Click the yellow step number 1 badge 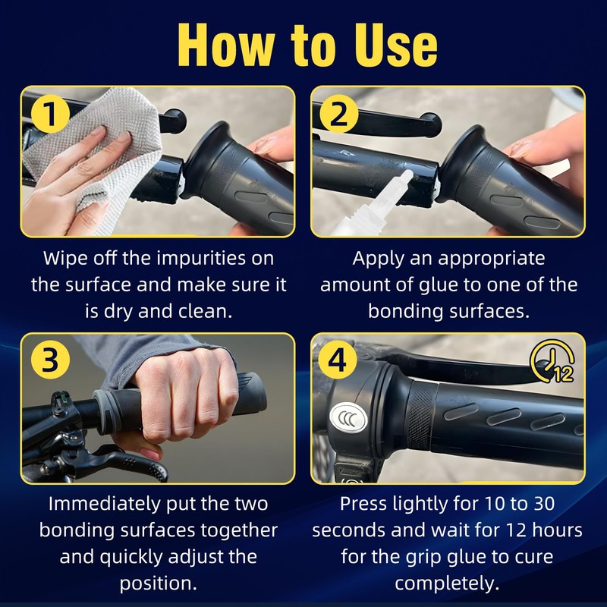[x=50, y=114]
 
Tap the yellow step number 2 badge [x=339, y=114]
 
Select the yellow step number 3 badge [x=50, y=360]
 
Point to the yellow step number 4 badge [x=338, y=360]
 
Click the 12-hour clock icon [x=552, y=361]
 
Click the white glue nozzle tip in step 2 [x=407, y=175]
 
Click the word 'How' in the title [x=226, y=46]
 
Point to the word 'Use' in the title [x=395, y=46]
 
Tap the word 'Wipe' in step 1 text [x=65, y=258]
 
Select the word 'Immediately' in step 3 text [x=104, y=504]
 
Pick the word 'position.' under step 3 [x=159, y=583]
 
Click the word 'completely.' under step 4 [x=447, y=583]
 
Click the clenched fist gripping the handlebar [x=185, y=395]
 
